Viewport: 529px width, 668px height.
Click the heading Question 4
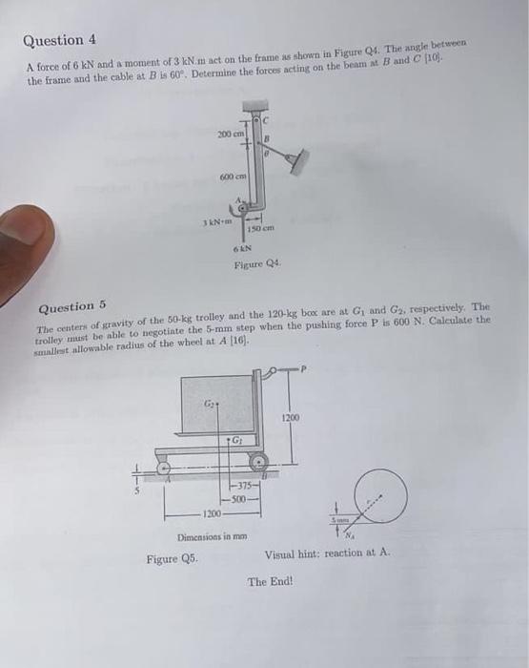pos(59,41)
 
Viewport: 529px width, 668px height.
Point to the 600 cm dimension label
pos(234,177)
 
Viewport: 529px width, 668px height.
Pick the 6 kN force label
pos(244,249)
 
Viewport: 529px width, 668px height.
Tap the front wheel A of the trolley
pos(164,469)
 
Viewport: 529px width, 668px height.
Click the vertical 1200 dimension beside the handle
pos(292,417)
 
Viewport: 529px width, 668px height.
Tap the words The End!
pos(273,580)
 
